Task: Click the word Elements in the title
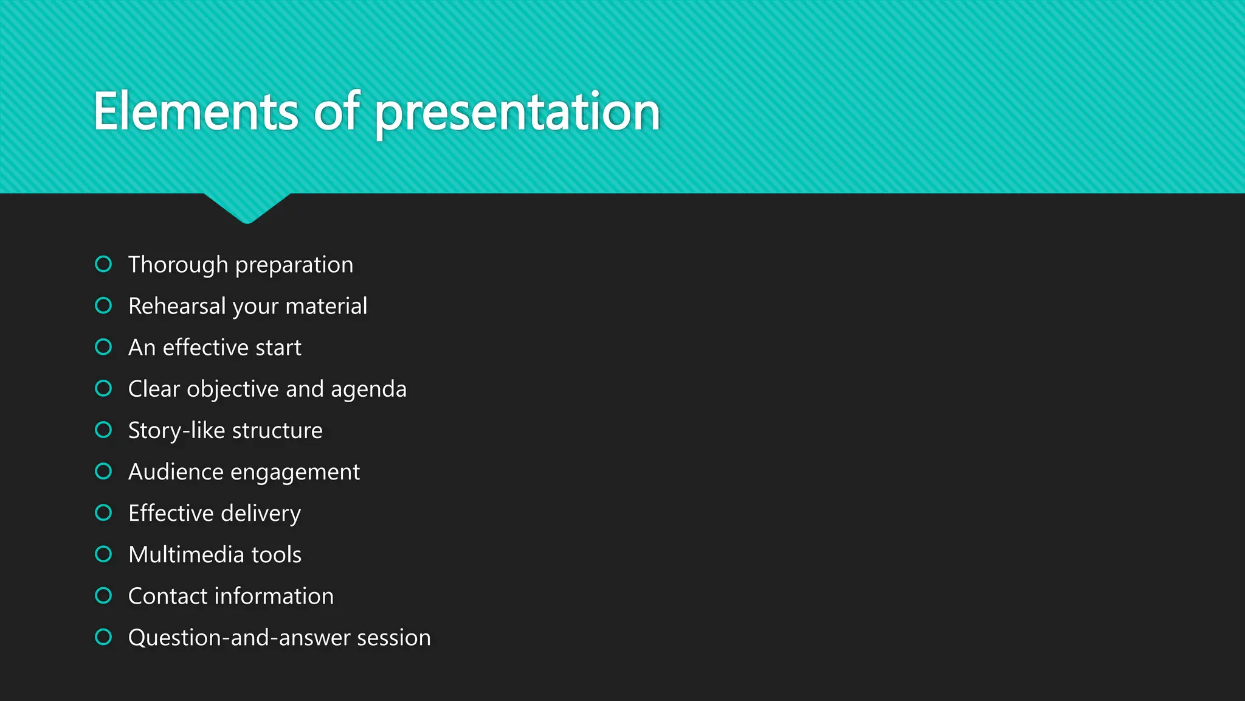[x=196, y=111]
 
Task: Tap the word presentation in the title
[x=517, y=113]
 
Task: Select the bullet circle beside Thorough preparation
[x=104, y=264]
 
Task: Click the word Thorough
[x=178, y=265]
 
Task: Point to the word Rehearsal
[x=177, y=306]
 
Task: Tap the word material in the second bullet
[x=326, y=306]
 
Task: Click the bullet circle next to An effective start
[x=104, y=347]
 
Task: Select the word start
[x=278, y=348]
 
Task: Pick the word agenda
[x=368, y=389]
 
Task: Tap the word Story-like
[x=176, y=431]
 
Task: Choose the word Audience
[x=176, y=472]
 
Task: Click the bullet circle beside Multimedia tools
[x=104, y=554]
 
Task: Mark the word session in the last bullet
[x=394, y=638]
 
